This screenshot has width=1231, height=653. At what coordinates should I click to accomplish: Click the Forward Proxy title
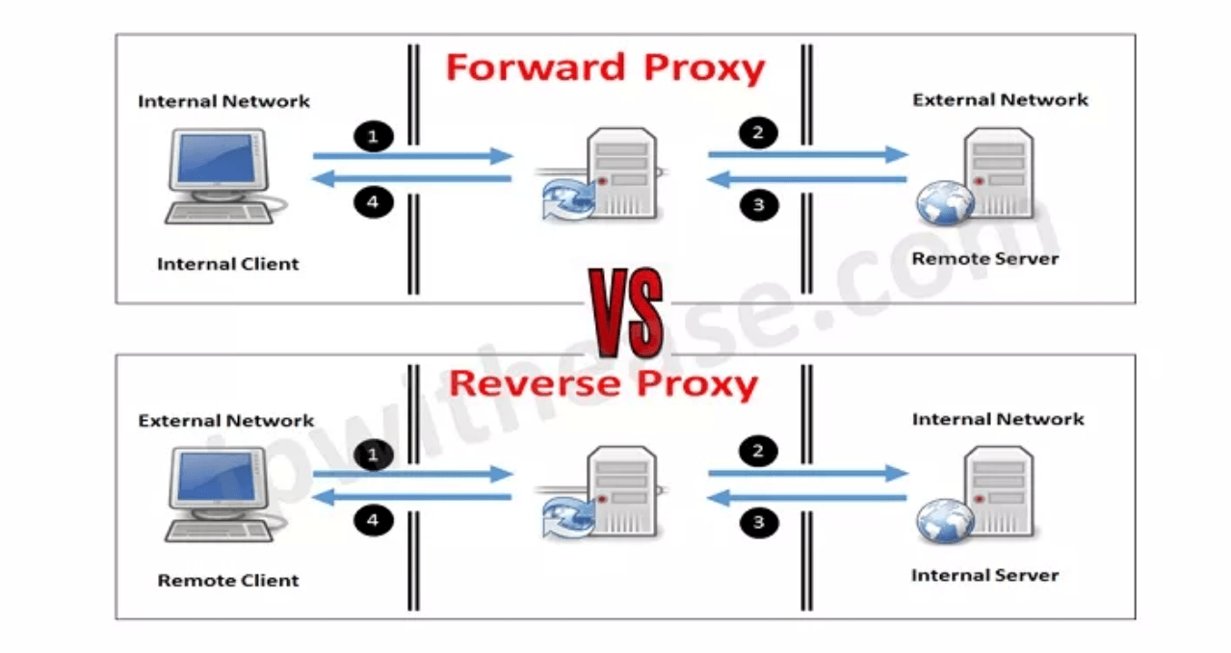click(605, 68)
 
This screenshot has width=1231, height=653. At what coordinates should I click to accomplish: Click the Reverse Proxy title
click(604, 383)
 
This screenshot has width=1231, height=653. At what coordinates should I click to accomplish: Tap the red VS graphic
click(625, 314)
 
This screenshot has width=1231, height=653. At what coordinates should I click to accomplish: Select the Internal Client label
click(228, 263)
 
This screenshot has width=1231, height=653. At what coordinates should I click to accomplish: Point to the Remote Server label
click(985, 258)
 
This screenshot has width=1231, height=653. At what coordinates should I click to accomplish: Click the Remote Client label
click(228, 580)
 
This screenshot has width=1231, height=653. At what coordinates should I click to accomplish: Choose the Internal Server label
click(984, 575)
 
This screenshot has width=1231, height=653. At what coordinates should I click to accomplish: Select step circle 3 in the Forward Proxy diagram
click(759, 204)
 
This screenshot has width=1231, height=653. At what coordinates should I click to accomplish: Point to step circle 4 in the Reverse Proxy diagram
click(374, 521)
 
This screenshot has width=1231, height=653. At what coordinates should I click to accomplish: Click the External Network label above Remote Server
click(1000, 99)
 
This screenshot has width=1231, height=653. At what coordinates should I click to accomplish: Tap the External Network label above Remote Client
click(226, 421)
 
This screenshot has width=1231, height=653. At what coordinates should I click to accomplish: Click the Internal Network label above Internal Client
click(224, 101)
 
